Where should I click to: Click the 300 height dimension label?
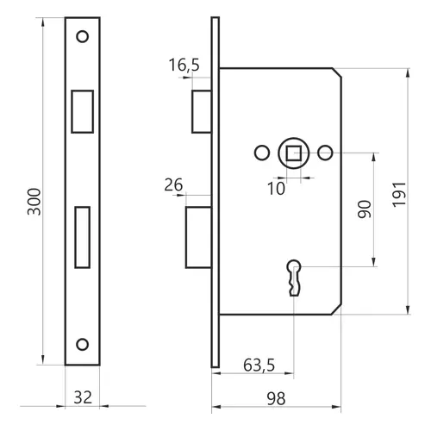tap(34, 202)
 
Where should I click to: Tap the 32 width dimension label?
tap(83, 397)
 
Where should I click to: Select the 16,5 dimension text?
tap(184, 65)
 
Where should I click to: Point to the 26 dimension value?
tap(173, 185)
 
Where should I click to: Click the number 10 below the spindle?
tap(276, 189)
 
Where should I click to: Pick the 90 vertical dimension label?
tap(365, 209)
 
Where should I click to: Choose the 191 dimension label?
tap(399, 194)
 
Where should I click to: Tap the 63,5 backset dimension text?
tap(259, 365)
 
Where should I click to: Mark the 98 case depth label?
tap(276, 399)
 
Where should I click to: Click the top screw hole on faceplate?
tap(83, 36)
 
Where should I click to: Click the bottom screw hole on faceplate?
tap(83, 344)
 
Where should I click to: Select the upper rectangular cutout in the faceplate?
tap(83, 111)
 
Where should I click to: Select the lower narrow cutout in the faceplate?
tap(83, 237)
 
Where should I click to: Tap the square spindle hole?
tap(293, 153)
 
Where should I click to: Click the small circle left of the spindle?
tap(262, 153)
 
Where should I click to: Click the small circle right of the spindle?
tap(325, 153)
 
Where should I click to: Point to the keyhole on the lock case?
tap(294, 278)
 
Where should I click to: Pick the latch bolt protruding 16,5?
tap(202, 111)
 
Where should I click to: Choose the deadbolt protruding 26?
tap(198, 237)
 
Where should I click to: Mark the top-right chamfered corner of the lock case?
tap(337, 72)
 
